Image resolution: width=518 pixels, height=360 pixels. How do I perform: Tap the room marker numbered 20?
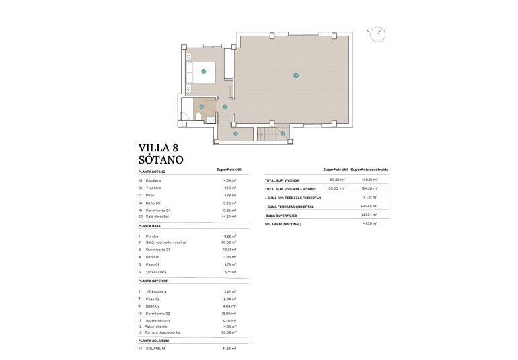click(x=295, y=75)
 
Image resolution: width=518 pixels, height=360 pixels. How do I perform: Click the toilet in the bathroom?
click(x=196, y=118)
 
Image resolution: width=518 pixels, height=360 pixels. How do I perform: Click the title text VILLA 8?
click(x=159, y=147)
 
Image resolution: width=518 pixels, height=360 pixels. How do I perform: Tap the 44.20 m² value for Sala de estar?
click(x=229, y=216)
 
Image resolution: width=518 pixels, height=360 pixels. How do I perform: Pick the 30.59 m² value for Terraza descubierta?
click(x=229, y=332)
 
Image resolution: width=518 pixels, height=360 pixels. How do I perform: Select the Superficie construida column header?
click(x=369, y=170)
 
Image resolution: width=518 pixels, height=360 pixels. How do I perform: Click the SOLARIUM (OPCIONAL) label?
click(x=283, y=223)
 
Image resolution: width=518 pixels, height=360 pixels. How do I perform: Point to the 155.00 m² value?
click(x=336, y=188)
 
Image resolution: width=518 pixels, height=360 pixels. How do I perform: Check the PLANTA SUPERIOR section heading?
click(x=153, y=280)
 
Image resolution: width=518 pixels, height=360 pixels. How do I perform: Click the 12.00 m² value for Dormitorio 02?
click(x=229, y=314)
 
